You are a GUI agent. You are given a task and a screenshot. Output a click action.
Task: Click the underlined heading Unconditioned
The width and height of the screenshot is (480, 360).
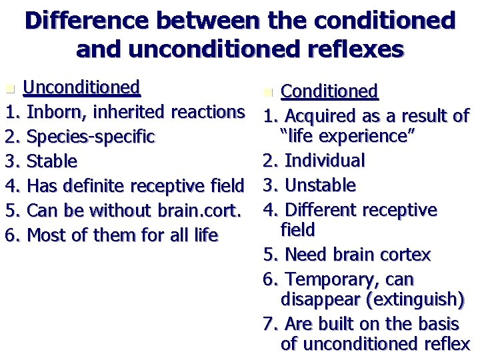81,87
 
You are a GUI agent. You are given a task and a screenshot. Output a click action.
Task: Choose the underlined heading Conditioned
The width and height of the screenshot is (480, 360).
329,91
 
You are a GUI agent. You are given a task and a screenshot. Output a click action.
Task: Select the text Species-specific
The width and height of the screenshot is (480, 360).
91,137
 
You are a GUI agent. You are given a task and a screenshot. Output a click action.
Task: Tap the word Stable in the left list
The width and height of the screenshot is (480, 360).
53,161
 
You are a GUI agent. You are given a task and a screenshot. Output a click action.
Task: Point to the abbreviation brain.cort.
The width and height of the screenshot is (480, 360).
199,210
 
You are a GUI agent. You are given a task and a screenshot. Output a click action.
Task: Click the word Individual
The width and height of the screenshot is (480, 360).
325,161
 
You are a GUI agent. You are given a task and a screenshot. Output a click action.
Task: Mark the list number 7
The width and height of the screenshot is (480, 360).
269,324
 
